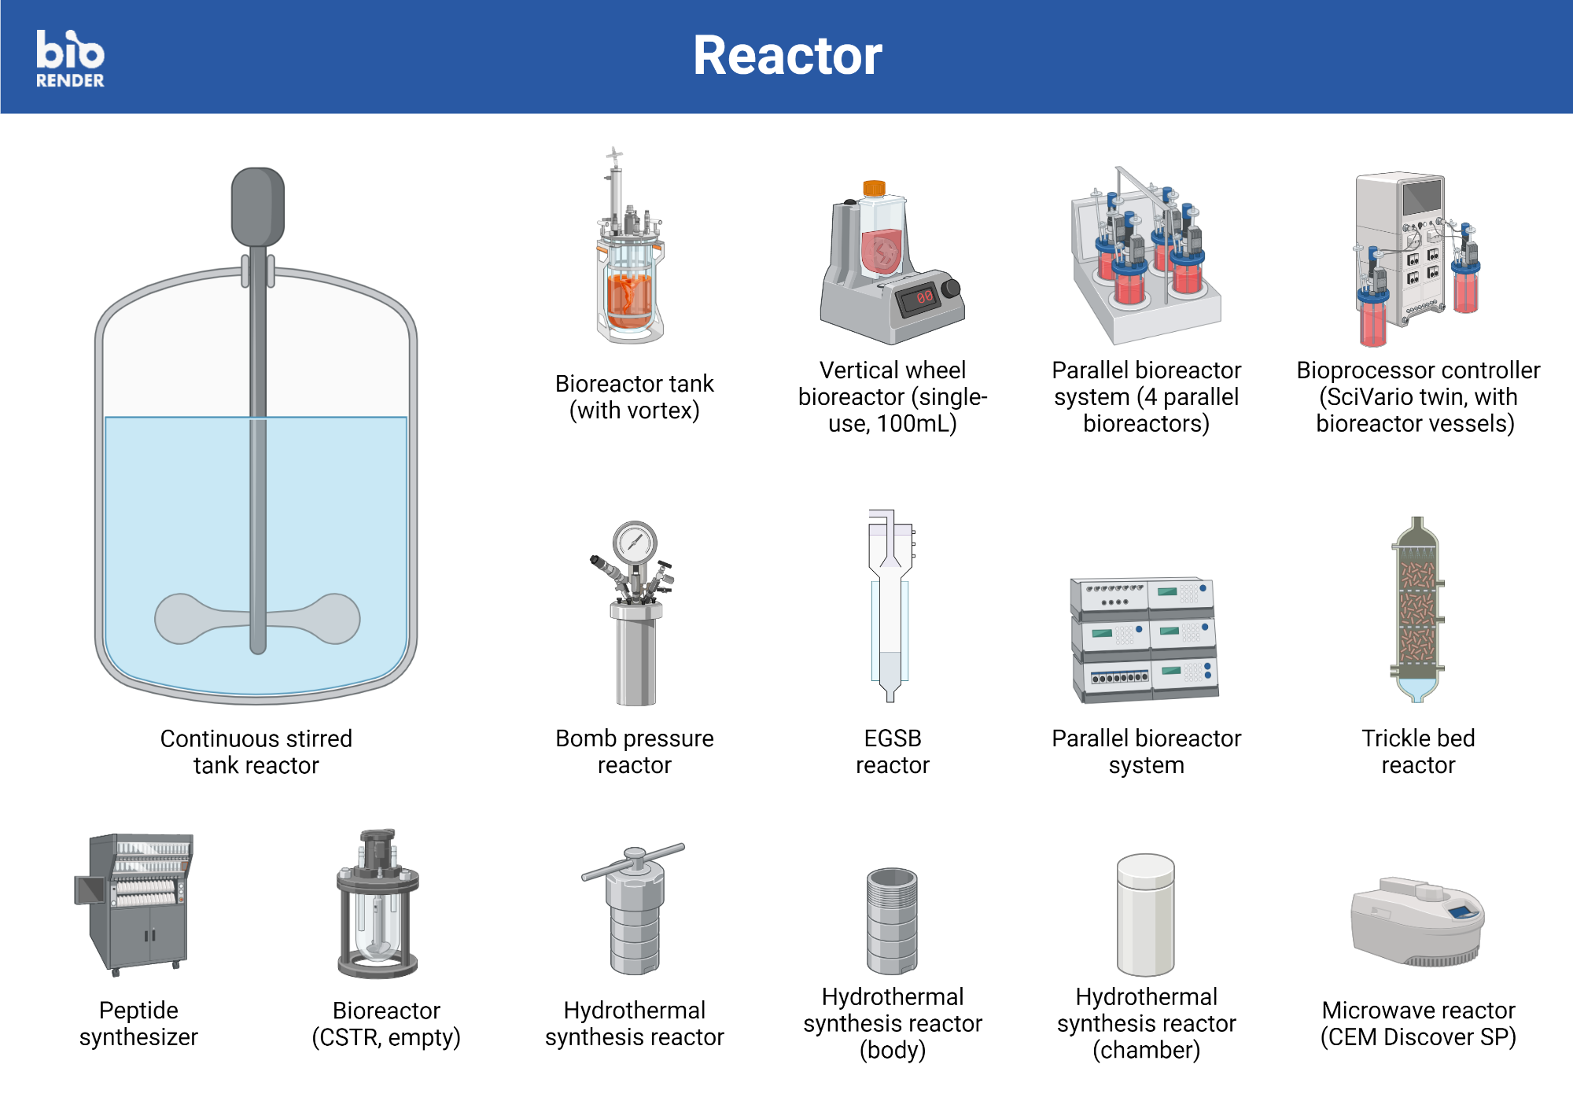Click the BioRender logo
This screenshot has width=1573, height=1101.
pos(70,58)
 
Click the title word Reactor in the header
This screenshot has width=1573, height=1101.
pos(786,57)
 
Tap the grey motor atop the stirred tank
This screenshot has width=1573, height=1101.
pos(257,206)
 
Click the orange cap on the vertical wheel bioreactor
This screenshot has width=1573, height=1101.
pos(874,188)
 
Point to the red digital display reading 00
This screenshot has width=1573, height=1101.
pos(923,297)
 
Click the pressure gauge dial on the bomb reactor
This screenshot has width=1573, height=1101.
pos(635,542)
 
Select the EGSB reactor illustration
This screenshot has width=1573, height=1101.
pos(891,606)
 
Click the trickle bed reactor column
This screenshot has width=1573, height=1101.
pos(1417,609)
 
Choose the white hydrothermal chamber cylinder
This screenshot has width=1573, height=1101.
pos(1146,916)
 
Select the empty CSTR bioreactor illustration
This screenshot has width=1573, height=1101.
pos(378,904)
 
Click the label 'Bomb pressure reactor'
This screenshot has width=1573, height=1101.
pos(634,751)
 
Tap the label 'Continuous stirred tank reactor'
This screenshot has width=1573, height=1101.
pos(256,751)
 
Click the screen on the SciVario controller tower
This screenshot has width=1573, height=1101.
pos(1422,197)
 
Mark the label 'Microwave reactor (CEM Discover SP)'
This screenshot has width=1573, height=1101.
pos(1417,1023)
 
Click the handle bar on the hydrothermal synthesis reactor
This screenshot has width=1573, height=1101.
pos(634,862)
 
